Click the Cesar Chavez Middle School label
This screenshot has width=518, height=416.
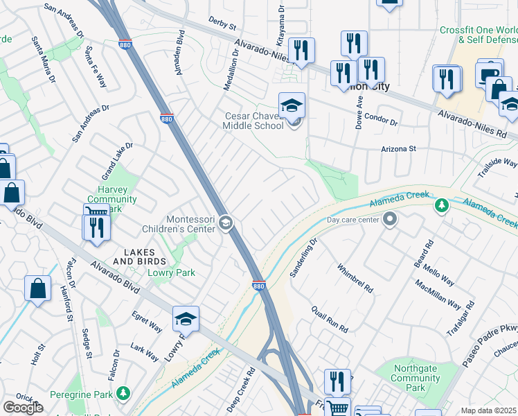tap(253, 121)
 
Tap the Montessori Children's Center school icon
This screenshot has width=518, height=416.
tap(226, 223)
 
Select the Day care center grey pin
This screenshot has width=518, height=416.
tap(390, 220)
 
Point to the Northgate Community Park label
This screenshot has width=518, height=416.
tap(416, 378)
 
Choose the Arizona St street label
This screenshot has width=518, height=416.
tap(398, 148)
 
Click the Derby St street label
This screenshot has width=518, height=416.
tap(222, 24)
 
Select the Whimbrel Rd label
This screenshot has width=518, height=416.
tap(355, 277)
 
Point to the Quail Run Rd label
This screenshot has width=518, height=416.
tap(329, 319)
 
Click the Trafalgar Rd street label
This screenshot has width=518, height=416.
tap(461, 318)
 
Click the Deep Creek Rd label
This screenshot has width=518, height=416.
tap(242, 391)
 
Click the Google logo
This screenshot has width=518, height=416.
tap(23, 408)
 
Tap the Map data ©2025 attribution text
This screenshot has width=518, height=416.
tap(488, 410)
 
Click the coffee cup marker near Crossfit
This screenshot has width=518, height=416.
tap(489, 73)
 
